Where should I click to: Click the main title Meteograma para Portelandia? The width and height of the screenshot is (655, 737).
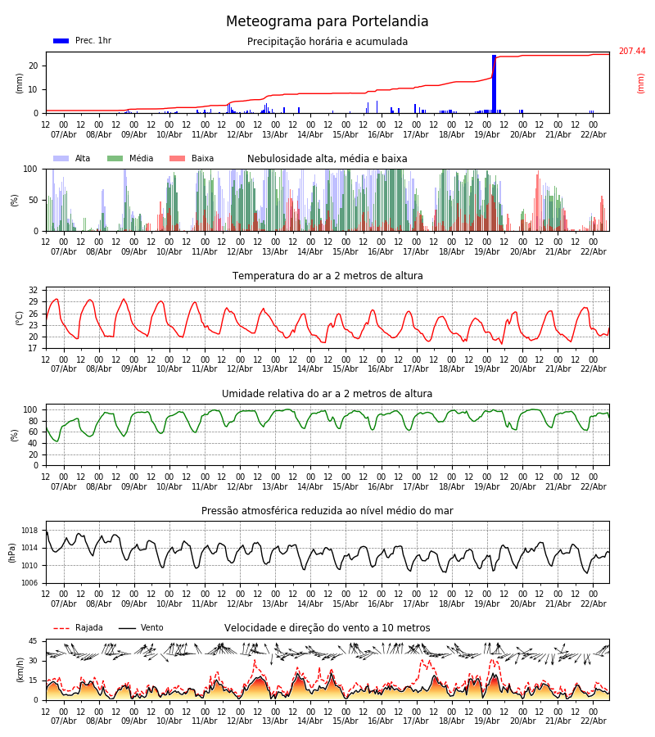tap(327, 22)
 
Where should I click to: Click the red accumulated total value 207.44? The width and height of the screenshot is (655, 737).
tap(631, 52)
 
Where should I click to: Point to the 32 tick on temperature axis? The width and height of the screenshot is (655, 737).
tap(32, 291)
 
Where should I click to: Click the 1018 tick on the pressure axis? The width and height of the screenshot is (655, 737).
tap(29, 531)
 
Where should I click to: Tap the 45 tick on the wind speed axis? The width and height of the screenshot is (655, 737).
tap(32, 641)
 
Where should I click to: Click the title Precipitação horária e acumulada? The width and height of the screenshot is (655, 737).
tap(327, 42)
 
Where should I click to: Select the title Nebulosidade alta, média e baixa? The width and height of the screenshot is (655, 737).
tap(327, 159)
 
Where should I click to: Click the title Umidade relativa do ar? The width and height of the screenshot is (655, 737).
tap(327, 394)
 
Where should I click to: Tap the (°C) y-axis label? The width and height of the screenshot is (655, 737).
tap(20, 317)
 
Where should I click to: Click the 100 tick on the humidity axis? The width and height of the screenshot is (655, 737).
tap(29, 409)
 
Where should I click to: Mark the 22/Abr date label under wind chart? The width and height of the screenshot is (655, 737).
tap(593, 721)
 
